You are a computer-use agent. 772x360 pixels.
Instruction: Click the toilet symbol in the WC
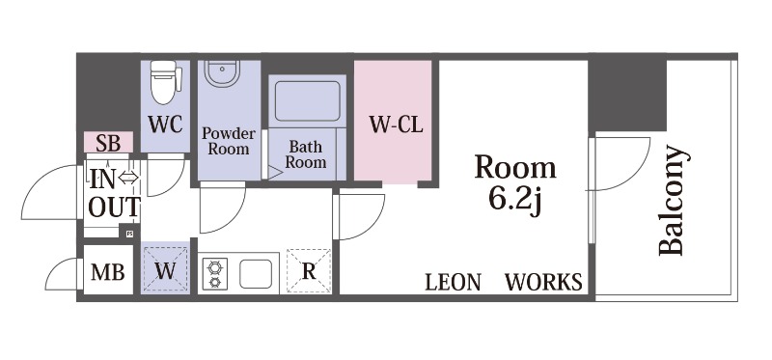[x=165, y=82]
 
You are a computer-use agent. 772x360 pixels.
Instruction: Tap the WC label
[x=165, y=125]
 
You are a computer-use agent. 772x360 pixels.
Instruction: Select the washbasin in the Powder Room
[x=222, y=73]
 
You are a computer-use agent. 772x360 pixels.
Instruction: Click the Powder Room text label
[x=229, y=141]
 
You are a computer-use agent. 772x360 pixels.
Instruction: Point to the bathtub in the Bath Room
[x=307, y=101]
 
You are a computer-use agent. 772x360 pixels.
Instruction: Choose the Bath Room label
[x=306, y=153]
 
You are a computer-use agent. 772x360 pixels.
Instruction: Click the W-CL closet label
[x=397, y=125]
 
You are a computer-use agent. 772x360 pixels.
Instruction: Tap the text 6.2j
[x=515, y=200]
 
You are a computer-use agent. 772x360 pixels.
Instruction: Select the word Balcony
[x=672, y=200]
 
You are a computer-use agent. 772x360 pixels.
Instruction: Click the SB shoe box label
[x=108, y=143]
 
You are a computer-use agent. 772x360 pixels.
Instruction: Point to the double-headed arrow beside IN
[x=128, y=178]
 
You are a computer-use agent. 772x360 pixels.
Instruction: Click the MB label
[x=108, y=272]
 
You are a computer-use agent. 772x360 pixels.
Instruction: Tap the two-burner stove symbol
[x=215, y=274]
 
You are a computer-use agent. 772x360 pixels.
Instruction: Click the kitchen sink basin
[x=256, y=274]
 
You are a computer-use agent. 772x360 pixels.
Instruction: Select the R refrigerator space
[x=309, y=271]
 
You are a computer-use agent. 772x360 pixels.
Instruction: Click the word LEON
[x=453, y=283]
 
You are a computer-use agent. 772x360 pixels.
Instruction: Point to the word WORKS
[x=543, y=282]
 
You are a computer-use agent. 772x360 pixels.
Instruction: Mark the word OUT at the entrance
[x=114, y=208]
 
